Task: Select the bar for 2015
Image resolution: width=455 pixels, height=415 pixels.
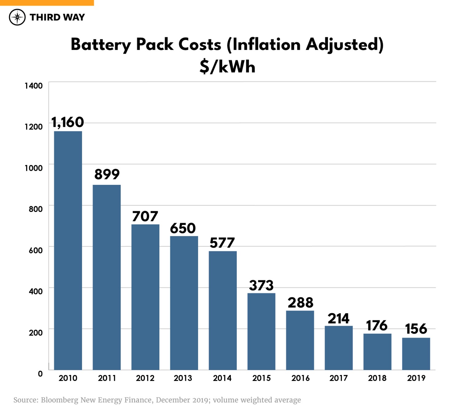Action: tap(261, 331)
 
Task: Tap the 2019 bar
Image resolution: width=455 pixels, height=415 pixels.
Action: tap(416, 354)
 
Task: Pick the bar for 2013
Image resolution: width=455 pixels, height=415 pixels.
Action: tap(184, 303)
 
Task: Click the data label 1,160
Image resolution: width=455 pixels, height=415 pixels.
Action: tap(68, 122)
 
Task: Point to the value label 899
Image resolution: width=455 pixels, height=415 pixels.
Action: tap(107, 174)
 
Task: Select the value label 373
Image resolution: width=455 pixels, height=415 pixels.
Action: tap(261, 285)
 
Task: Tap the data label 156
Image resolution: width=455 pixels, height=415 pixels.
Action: tap(416, 329)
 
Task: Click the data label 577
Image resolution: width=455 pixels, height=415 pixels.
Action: tap(222, 243)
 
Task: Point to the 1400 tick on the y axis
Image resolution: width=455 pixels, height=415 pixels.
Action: tap(34, 86)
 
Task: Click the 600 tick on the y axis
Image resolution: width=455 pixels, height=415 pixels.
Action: tap(36, 250)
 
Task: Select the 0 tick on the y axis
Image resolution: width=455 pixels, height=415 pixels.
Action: tap(40, 374)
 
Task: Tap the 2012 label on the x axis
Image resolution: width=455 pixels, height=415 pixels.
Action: tap(145, 378)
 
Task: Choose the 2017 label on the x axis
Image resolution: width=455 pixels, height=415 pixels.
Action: tap(338, 378)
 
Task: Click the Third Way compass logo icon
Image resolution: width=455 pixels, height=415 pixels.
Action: tap(17, 17)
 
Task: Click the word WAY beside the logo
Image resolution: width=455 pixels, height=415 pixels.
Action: tap(74, 17)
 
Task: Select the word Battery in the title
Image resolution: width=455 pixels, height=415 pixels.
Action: tap(101, 45)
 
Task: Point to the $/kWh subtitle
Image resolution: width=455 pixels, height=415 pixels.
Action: tap(227, 67)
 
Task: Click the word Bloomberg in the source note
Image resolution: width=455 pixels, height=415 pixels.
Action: tap(59, 400)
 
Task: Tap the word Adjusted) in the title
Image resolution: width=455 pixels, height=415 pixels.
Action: tap(345, 45)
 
